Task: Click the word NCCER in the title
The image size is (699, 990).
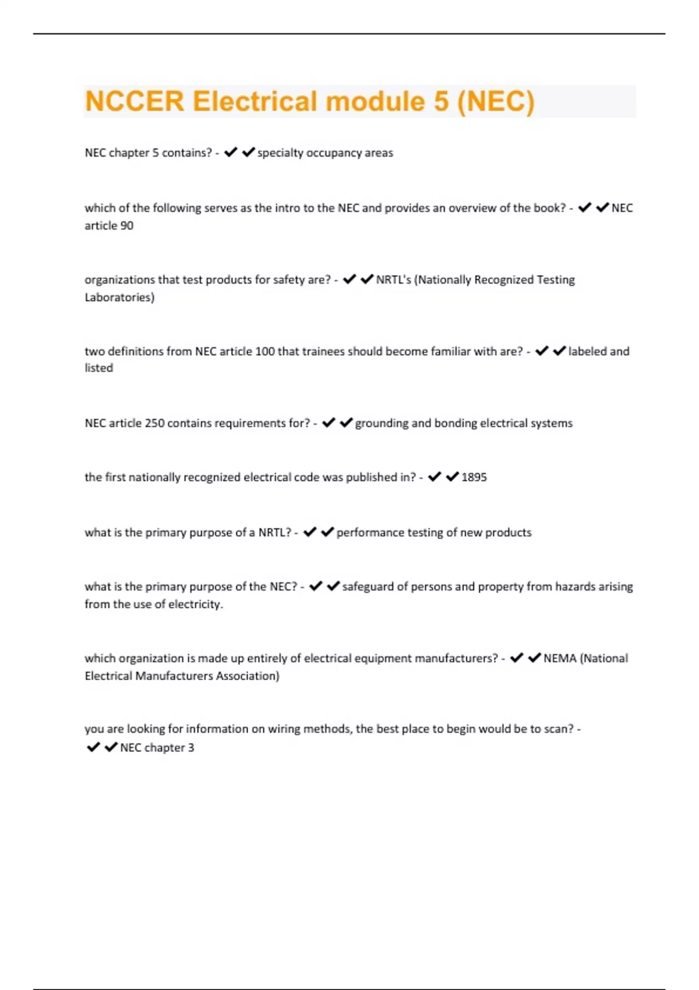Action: click(135, 101)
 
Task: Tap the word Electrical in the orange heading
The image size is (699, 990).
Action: click(255, 101)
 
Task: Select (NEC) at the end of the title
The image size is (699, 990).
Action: click(496, 101)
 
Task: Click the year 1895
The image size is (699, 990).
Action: click(474, 478)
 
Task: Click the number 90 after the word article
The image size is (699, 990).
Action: click(126, 226)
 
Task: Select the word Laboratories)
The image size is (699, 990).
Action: click(119, 298)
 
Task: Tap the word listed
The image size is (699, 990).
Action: click(99, 368)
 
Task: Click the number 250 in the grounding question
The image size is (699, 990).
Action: click(154, 423)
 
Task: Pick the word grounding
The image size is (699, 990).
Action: click(382, 423)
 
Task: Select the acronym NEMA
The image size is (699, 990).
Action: click(560, 659)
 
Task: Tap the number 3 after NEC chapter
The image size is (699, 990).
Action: click(191, 748)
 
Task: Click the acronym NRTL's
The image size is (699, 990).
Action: click(393, 280)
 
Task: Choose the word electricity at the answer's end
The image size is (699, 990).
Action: click(195, 604)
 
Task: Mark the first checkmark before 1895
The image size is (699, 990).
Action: click(435, 478)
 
